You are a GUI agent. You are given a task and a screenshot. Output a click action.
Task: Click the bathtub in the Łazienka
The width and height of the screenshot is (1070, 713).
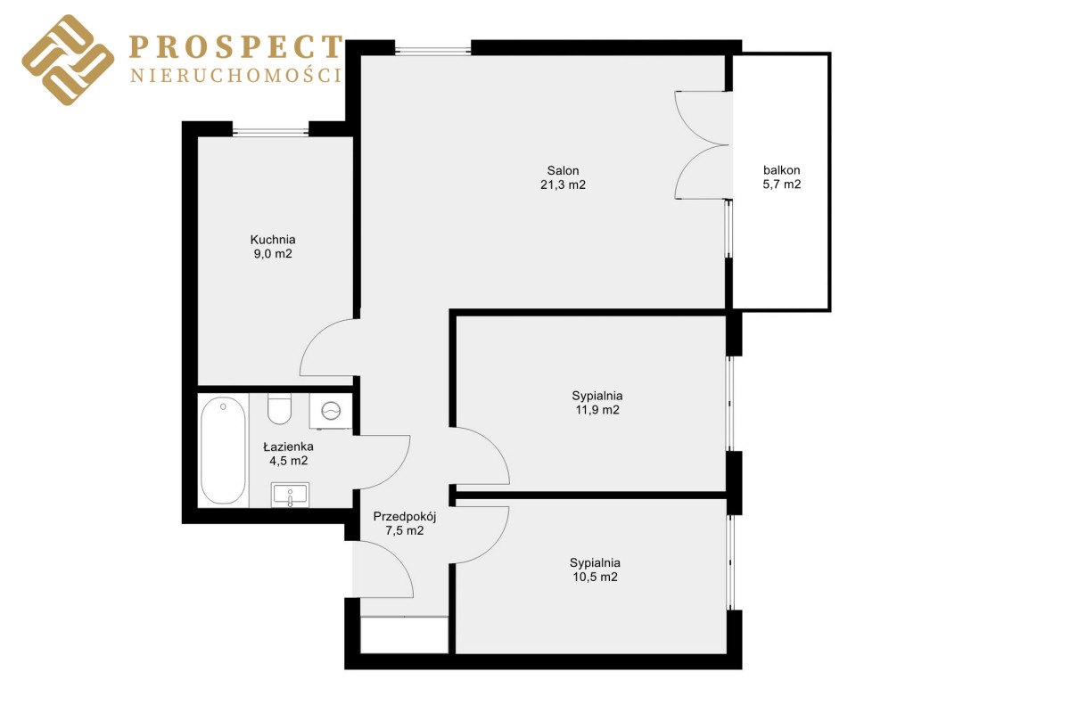click(x=223, y=450)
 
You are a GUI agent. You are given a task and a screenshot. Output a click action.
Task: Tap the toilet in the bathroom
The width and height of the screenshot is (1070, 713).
click(x=279, y=408)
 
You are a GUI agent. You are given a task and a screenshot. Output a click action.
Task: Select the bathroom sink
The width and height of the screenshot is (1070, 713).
click(x=290, y=495)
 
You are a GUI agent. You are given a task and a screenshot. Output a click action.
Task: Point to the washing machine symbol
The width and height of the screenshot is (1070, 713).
click(x=331, y=411)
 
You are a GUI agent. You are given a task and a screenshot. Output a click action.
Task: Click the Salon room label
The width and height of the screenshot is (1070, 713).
click(x=563, y=170)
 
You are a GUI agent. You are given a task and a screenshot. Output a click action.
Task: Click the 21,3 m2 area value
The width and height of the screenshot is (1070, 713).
click(x=563, y=184)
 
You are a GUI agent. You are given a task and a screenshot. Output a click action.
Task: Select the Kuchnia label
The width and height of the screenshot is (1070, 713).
click(x=273, y=239)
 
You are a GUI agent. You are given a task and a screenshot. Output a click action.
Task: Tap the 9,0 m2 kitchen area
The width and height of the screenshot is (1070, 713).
click(x=273, y=254)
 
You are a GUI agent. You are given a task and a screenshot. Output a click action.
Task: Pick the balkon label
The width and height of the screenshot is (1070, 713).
click(x=781, y=170)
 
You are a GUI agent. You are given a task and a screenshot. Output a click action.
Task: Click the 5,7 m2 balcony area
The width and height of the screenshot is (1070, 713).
click(x=781, y=184)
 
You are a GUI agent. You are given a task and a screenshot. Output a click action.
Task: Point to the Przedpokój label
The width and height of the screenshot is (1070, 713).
click(x=405, y=517)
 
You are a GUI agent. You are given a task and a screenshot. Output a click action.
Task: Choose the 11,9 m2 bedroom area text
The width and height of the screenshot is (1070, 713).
click(x=597, y=410)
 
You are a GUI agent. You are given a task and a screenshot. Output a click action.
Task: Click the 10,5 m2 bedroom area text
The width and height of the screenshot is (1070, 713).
click(x=595, y=577)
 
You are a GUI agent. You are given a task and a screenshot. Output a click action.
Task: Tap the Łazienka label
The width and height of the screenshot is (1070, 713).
click(x=289, y=447)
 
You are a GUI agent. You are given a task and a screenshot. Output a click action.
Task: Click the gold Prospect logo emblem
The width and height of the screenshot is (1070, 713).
click(x=68, y=60)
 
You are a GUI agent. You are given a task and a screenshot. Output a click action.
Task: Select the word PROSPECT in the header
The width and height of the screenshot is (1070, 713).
click(x=236, y=47)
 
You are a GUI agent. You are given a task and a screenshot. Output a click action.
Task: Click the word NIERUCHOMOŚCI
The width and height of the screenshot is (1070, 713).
click(x=236, y=76)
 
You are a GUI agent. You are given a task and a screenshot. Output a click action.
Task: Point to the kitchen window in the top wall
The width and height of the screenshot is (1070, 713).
click(x=270, y=131)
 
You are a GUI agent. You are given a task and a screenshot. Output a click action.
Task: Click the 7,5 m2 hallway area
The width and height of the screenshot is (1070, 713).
click(x=405, y=530)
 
